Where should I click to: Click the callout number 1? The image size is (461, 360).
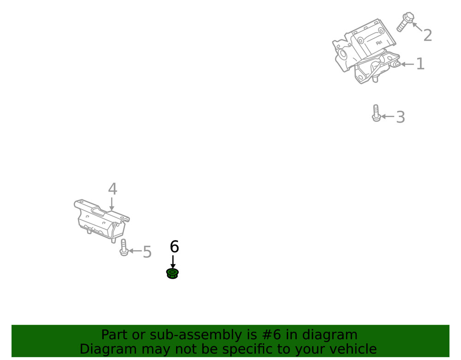(x=420, y=64)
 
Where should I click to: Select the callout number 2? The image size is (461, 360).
(x=427, y=35)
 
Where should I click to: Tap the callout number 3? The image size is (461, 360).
(x=400, y=117)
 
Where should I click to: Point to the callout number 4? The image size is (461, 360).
(x=112, y=189)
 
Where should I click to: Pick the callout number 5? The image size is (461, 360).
(x=147, y=252)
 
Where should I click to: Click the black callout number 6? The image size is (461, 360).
(x=174, y=247)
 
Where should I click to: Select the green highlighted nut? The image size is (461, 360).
(x=172, y=274)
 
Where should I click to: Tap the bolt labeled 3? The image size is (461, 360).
(x=376, y=113)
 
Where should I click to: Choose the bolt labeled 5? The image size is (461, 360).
(x=124, y=248)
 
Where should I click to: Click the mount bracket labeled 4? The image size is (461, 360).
(x=99, y=220)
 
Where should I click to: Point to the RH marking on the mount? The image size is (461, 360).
(x=379, y=43)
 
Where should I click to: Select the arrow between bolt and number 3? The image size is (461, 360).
(x=388, y=117)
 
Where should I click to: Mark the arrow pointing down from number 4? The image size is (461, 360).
(x=112, y=204)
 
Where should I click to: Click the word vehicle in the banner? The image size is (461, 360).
(x=350, y=349)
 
